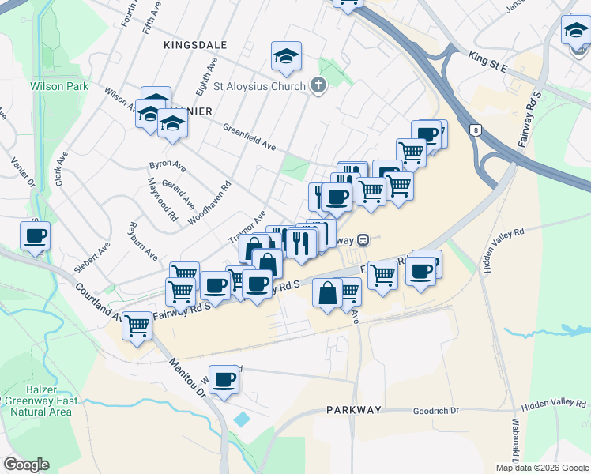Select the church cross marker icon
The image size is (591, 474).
pyautogui.click(x=318, y=85)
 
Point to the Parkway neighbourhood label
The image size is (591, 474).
pyautogui.click(x=354, y=410)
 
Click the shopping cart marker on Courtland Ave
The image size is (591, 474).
pyautogui.click(x=138, y=324)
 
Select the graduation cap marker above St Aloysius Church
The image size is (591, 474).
pyautogui.click(x=286, y=55)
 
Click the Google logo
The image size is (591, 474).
pyautogui.click(x=26, y=465)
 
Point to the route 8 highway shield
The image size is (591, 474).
pyautogui.click(x=476, y=130)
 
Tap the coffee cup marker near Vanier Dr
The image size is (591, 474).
pyautogui.click(x=36, y=235)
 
